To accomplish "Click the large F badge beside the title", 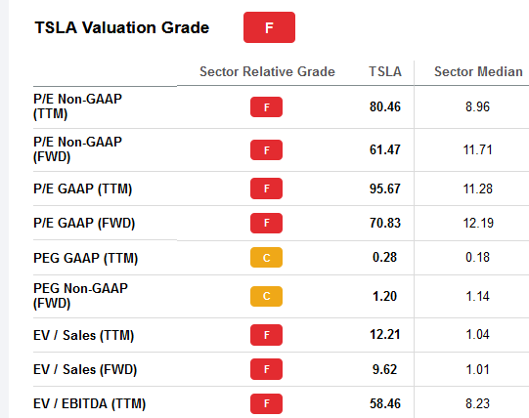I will click(269, 27).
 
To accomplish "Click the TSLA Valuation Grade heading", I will click(121, 27).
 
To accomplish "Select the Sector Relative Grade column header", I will click(267, 72).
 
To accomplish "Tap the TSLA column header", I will click(384, 72).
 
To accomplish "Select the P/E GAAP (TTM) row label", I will click(82, 188).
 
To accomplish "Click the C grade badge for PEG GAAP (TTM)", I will click(266, 259).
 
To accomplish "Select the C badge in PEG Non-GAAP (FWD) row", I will click(266, 296).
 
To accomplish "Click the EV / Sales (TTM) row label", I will click(83, 335).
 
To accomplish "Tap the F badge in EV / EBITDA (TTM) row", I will click(266, 402).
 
